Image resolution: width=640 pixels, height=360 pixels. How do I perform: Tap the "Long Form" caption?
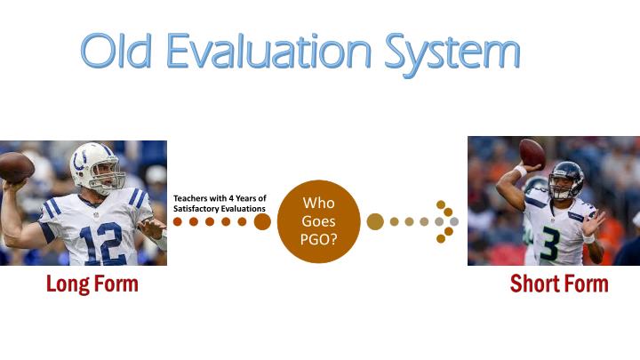click(92, 284)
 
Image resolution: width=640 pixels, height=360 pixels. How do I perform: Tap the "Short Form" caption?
click(558, 284)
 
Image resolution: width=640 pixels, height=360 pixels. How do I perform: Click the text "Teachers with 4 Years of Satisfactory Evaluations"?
click(220, 203)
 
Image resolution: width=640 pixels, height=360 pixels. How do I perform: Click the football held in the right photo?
click(532, 153)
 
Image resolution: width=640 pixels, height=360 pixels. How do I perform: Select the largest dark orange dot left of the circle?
click(262, 221)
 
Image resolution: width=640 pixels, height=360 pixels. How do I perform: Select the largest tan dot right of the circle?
click(375, 221)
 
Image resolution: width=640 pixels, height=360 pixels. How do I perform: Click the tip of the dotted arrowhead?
click(454, 221)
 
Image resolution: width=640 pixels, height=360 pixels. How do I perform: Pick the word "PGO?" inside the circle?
click(319, 238)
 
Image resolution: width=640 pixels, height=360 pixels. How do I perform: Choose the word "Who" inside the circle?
click(319, 203)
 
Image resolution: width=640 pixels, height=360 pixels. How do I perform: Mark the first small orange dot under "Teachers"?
click(178, 221)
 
